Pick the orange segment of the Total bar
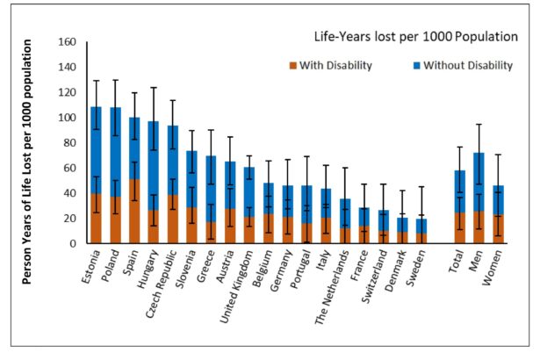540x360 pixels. coord(459,227)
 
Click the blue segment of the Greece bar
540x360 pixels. coord(211,189)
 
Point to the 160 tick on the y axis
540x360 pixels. coord(67,42)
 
